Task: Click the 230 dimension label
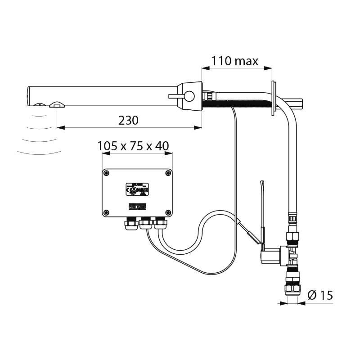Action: [128, 120]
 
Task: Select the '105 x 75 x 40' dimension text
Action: [133, 146]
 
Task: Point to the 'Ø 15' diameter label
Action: [320, 295]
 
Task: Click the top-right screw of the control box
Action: [168, 173]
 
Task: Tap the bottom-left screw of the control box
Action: [107, 212]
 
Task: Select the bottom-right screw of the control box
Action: [168, 212]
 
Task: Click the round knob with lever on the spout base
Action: [190, 96]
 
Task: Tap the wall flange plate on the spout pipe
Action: [273, 99]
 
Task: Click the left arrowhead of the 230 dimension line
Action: [59, 128]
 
